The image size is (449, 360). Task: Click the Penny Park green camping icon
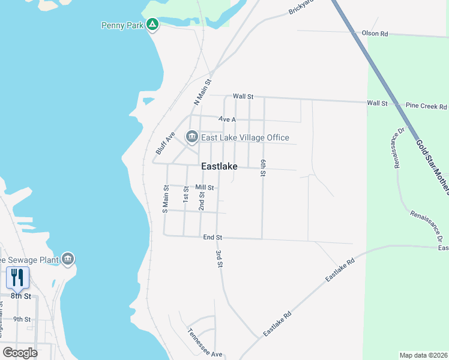pos(153,25)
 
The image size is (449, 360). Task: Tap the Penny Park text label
pos(123,25)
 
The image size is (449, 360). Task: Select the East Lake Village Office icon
pos(192,137)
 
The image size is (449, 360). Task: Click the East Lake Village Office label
pos(245,137)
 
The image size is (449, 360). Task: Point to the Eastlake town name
pos(219,166)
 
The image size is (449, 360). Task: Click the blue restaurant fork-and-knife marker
pos(17,277)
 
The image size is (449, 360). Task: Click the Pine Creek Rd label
pos(426,107)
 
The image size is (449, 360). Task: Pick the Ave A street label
pos(228,119)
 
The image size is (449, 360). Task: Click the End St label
pos(212,238)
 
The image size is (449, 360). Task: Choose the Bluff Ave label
pos(164,143)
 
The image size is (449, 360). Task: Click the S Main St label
pos(166,199)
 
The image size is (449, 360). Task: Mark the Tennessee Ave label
pos(205,343)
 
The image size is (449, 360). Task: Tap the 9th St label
pos(22,319)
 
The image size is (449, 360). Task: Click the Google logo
pos(20,352)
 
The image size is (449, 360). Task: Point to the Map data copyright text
pos(423,355)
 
